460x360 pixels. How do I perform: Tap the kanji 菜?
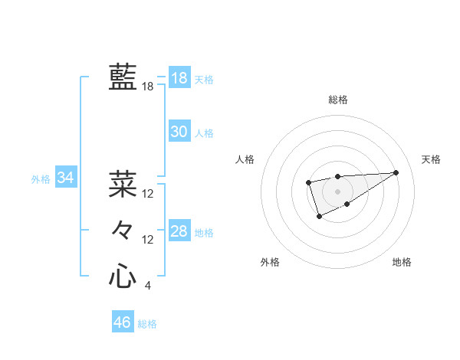coord(123,184)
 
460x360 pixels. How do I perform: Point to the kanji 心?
coord(123,276)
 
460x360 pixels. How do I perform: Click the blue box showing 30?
coord(179,132)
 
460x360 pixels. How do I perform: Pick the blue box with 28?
coord(179,231)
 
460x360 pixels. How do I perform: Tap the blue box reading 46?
coord(122,322)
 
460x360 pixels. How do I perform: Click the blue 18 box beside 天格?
coord(179,78)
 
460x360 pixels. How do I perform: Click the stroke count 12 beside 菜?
coord(148,194)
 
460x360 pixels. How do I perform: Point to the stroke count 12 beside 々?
coord(148,240)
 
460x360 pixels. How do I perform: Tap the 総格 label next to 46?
coord(147,324)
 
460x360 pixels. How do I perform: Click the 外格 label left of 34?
coord(41,179)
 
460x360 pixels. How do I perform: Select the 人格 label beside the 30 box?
coord(204,133)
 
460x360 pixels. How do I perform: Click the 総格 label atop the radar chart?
coord(337,100)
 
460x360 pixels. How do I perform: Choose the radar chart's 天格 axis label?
coord(431,159)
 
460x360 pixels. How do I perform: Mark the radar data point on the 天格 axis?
coord(396,172)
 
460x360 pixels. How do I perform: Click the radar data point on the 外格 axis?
coord(319,218)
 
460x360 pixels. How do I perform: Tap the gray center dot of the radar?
coord(337,191)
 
